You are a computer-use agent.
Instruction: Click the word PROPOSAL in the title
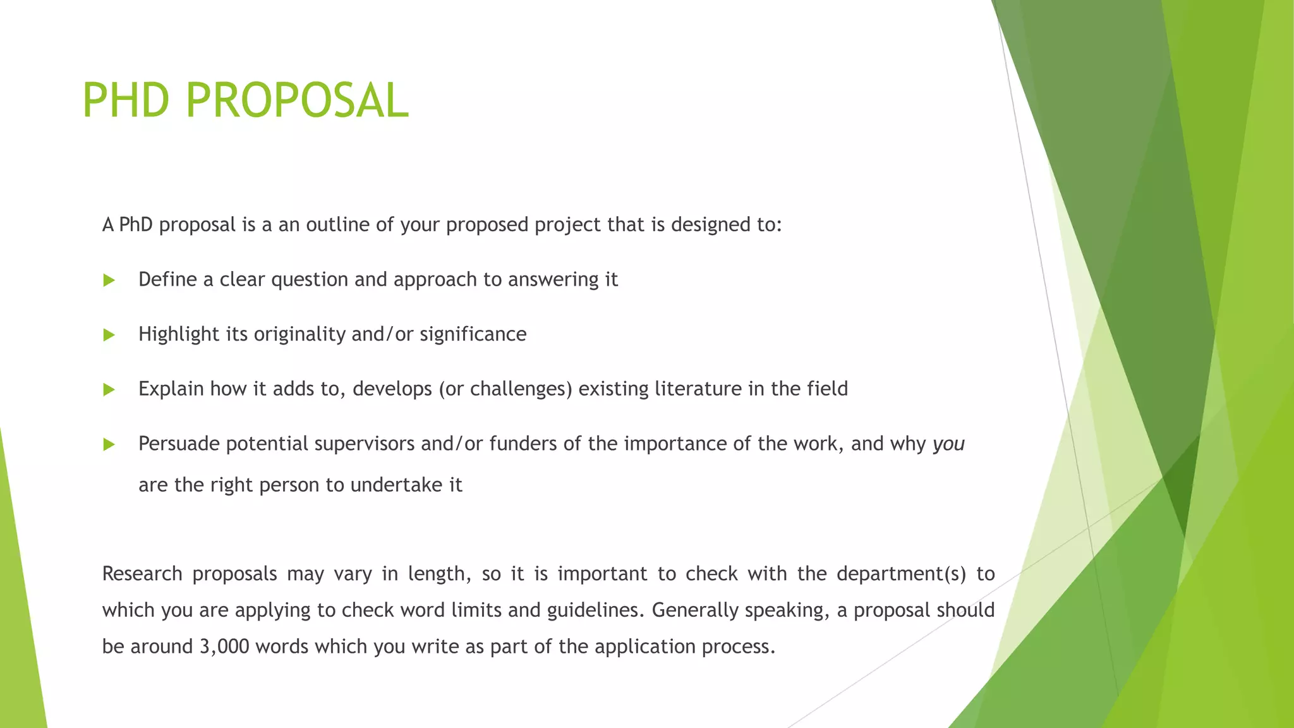tap(297, 100)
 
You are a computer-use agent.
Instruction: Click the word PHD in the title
tap(126, 100)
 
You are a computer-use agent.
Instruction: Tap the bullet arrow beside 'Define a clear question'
tap(109, 280)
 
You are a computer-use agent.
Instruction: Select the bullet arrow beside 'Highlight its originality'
tap(109, 335)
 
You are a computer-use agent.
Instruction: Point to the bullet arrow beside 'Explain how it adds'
tap(109, 389)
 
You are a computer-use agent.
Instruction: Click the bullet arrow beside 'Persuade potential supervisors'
tap(109, 444)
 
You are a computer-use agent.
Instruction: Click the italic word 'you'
tap(948, 444)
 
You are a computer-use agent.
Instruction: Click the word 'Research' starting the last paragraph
tap(142, 574)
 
